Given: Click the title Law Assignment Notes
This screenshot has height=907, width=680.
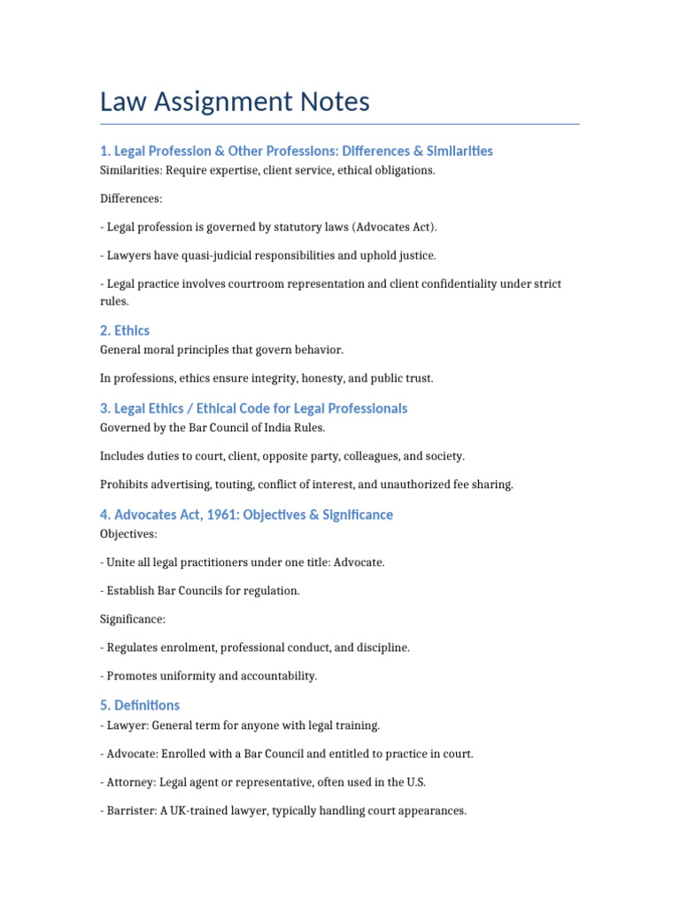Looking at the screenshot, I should point(235,102).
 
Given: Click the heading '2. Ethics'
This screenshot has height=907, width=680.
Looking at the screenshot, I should point(125,330).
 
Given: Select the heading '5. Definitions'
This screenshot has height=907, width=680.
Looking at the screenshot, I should point(140,705).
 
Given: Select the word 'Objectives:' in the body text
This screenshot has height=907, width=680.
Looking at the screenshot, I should point(129,534).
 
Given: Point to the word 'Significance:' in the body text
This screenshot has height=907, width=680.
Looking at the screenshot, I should point(133,619).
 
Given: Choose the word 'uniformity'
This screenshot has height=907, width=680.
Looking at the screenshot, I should point(185,676).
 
